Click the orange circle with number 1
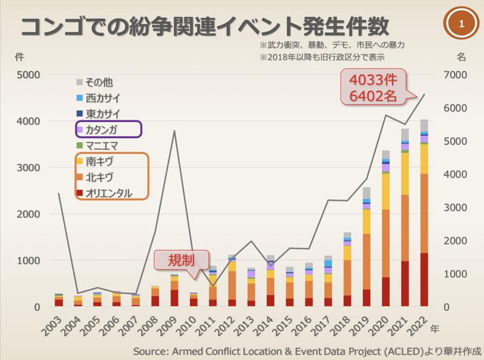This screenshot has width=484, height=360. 462,25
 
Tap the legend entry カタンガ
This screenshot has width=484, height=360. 108,129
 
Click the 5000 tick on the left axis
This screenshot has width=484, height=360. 28,74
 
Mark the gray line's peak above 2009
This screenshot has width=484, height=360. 175,131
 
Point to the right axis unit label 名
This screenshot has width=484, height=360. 461,57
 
